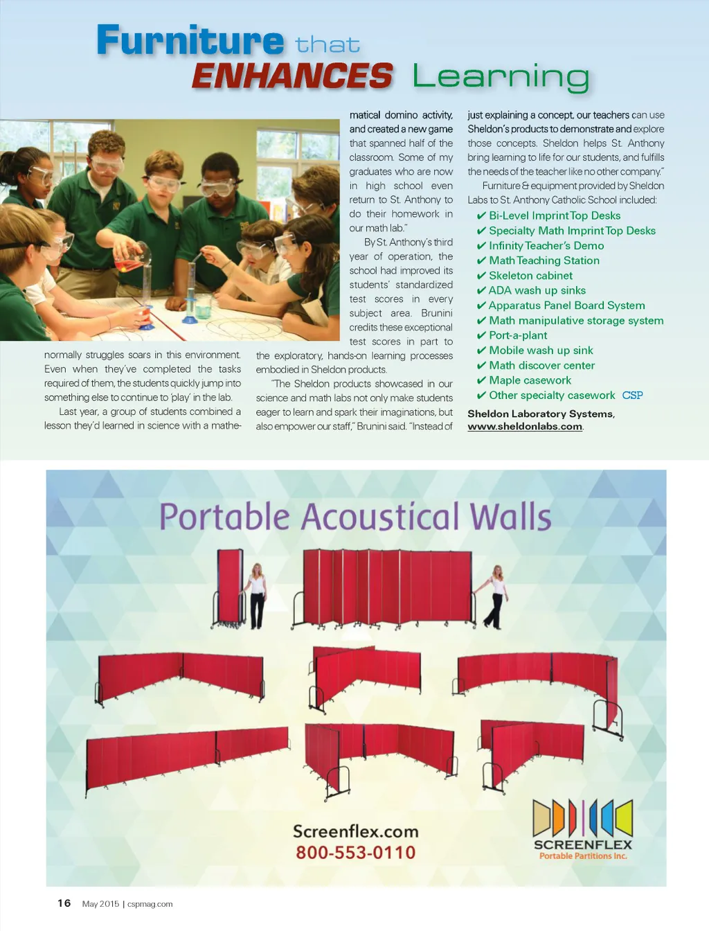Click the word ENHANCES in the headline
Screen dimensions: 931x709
point(292,76)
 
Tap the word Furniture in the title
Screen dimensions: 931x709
point(190,40)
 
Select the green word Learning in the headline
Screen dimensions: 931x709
point(501,78)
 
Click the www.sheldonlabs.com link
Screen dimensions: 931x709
point(525,427)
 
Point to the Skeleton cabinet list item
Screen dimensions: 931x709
point(530,276)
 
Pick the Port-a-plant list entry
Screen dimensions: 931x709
point(518,335)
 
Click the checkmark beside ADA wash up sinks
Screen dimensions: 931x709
point(481,291)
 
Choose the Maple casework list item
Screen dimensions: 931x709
point(530,380)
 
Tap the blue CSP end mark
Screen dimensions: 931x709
point(632,396)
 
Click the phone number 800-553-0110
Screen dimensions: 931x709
point(356,853)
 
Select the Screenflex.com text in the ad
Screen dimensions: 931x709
point(356,831)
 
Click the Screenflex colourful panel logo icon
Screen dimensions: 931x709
point(582,818)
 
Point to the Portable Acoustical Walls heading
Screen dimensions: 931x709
point(356,517)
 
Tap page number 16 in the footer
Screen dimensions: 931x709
point(64,903)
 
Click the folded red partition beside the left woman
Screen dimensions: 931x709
point(230,587)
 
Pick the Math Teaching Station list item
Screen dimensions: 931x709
point(544,260)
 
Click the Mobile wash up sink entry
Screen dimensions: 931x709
point(541,351)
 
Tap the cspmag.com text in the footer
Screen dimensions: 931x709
point(150,904)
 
